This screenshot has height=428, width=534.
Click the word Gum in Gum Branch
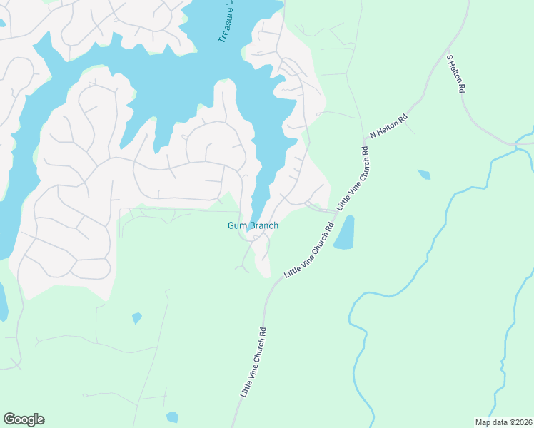click(x=236, y=225)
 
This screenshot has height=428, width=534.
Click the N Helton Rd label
click(x=388, y=126)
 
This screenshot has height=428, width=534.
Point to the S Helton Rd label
click(x=455, y=73)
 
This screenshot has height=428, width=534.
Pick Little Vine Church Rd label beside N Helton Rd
click(x=354, y=178)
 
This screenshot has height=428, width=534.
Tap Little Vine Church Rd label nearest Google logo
click(x=253, y=362)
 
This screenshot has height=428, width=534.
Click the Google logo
click(x=24, y=419)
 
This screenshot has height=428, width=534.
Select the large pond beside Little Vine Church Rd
click(x=344, y=233)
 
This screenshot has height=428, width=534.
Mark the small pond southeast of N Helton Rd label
click(x=424, y=174)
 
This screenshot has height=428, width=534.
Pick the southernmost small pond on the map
click(x=172, y=417)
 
